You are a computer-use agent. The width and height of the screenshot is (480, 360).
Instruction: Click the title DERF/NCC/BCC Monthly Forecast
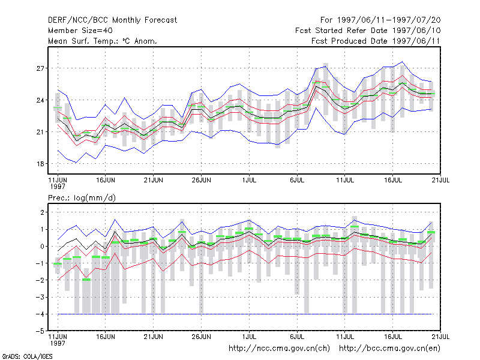click(112, 20)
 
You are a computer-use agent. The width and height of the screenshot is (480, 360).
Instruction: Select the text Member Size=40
click(80, 31)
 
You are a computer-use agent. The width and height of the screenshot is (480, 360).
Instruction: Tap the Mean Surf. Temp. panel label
click(103, 41)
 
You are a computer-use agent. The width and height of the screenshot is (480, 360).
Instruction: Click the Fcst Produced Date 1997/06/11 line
click(376, 41)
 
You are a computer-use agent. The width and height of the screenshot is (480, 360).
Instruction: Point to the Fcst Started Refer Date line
click(368, 31)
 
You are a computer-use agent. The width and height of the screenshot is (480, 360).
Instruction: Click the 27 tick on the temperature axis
click(40, 68)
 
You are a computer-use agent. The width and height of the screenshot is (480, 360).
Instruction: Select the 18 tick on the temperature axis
click(40, 164)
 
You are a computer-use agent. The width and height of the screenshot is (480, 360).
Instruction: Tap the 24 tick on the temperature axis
click(40, 100)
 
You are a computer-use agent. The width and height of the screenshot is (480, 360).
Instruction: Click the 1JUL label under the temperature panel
click(249, 180)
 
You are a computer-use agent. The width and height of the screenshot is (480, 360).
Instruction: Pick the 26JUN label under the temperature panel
click(201, 180)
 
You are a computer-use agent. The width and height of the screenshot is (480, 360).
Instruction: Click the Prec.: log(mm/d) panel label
click(82, 198)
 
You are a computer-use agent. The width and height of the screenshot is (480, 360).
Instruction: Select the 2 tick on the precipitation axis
click(42, 212)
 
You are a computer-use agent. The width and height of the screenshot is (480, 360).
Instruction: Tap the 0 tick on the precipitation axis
click(42, 246)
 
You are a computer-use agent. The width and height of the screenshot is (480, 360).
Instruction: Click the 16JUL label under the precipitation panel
click(393, 337)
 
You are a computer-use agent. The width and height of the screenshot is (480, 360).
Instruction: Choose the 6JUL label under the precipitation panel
click(297, 337)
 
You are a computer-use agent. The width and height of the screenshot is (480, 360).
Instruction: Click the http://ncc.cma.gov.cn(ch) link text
click(279, 349)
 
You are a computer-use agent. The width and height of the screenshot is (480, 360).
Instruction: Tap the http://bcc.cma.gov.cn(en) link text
click(389, 349)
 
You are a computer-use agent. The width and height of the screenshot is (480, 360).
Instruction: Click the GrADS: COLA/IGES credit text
click(27, 356)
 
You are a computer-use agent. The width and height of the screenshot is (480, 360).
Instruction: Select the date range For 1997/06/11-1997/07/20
click(380, 20)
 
